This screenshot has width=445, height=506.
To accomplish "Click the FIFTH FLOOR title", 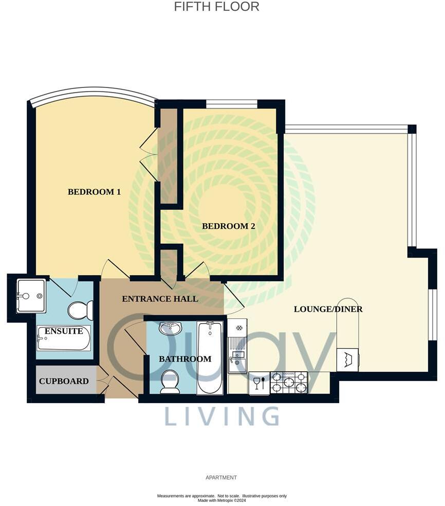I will [216, 7].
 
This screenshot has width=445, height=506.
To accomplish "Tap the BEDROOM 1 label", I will [94, 192].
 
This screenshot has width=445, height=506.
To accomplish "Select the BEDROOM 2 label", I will [228, 226].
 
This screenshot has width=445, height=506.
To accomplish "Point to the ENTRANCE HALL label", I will [159, 299].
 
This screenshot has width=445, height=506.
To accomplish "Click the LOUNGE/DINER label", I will [328, 309].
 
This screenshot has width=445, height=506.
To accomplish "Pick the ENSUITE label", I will [64, 331].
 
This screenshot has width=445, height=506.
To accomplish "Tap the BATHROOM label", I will [185, 359].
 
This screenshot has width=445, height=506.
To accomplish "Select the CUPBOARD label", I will [64, 381].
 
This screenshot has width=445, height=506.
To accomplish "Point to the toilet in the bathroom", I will [170, 382].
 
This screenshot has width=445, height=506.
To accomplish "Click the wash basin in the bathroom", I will [170, 328].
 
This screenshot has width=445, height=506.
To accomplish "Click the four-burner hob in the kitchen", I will [288, 383].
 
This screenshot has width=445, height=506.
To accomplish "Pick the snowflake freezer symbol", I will [238, 328].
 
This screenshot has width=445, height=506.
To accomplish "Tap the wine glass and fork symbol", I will [259, 383].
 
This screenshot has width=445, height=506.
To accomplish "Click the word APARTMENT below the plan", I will [221, 478].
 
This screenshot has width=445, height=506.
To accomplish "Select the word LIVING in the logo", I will [221, 416].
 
